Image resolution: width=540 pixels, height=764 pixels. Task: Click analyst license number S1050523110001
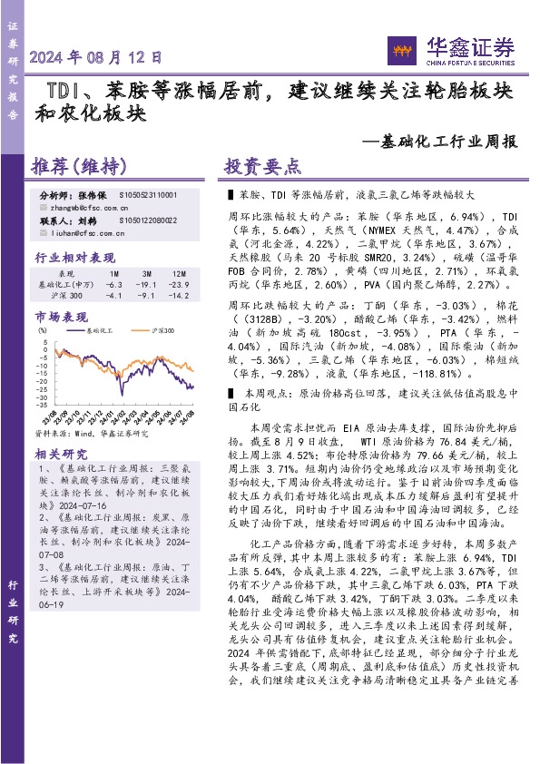tap(148, 195)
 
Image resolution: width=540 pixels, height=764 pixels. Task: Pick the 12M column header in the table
tap(179, 273)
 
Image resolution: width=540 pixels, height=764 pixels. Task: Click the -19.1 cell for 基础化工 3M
tap(147, 284)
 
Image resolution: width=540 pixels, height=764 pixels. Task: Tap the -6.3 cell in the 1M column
tap(114, 284)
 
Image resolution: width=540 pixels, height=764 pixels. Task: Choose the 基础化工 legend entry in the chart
tap(99, 333)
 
